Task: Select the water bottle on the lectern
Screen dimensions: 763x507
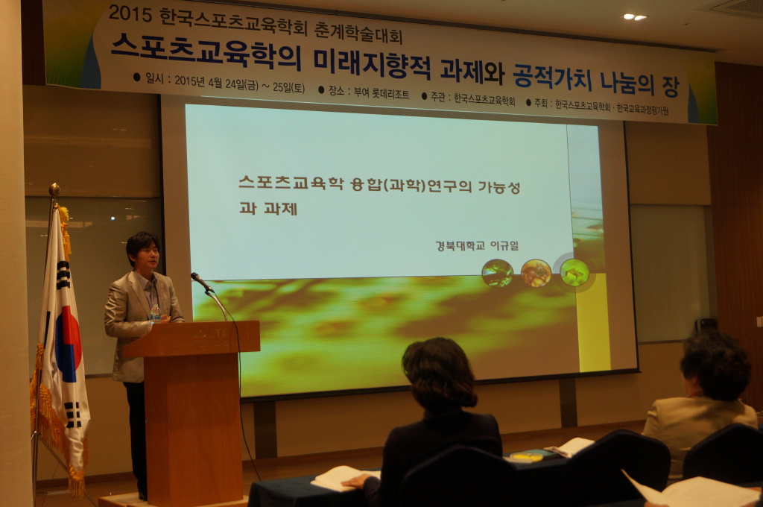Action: coord(155,314)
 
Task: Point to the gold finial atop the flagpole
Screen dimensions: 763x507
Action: coord(54,189)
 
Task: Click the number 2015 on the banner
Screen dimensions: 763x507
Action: coord(130,13)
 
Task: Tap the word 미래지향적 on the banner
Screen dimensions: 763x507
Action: coord(372,64)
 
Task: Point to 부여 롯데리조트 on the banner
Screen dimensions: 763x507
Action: coord(381,92)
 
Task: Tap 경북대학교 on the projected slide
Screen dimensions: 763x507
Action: coord(460,245)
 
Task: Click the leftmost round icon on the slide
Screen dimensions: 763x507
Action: coord(497,273)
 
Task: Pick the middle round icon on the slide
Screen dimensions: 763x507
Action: coord(536,273)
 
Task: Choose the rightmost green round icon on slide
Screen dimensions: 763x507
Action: coord(574,273)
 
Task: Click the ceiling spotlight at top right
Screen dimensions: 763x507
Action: coord(635,16)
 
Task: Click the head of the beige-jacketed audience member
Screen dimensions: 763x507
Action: coord(715,365)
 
